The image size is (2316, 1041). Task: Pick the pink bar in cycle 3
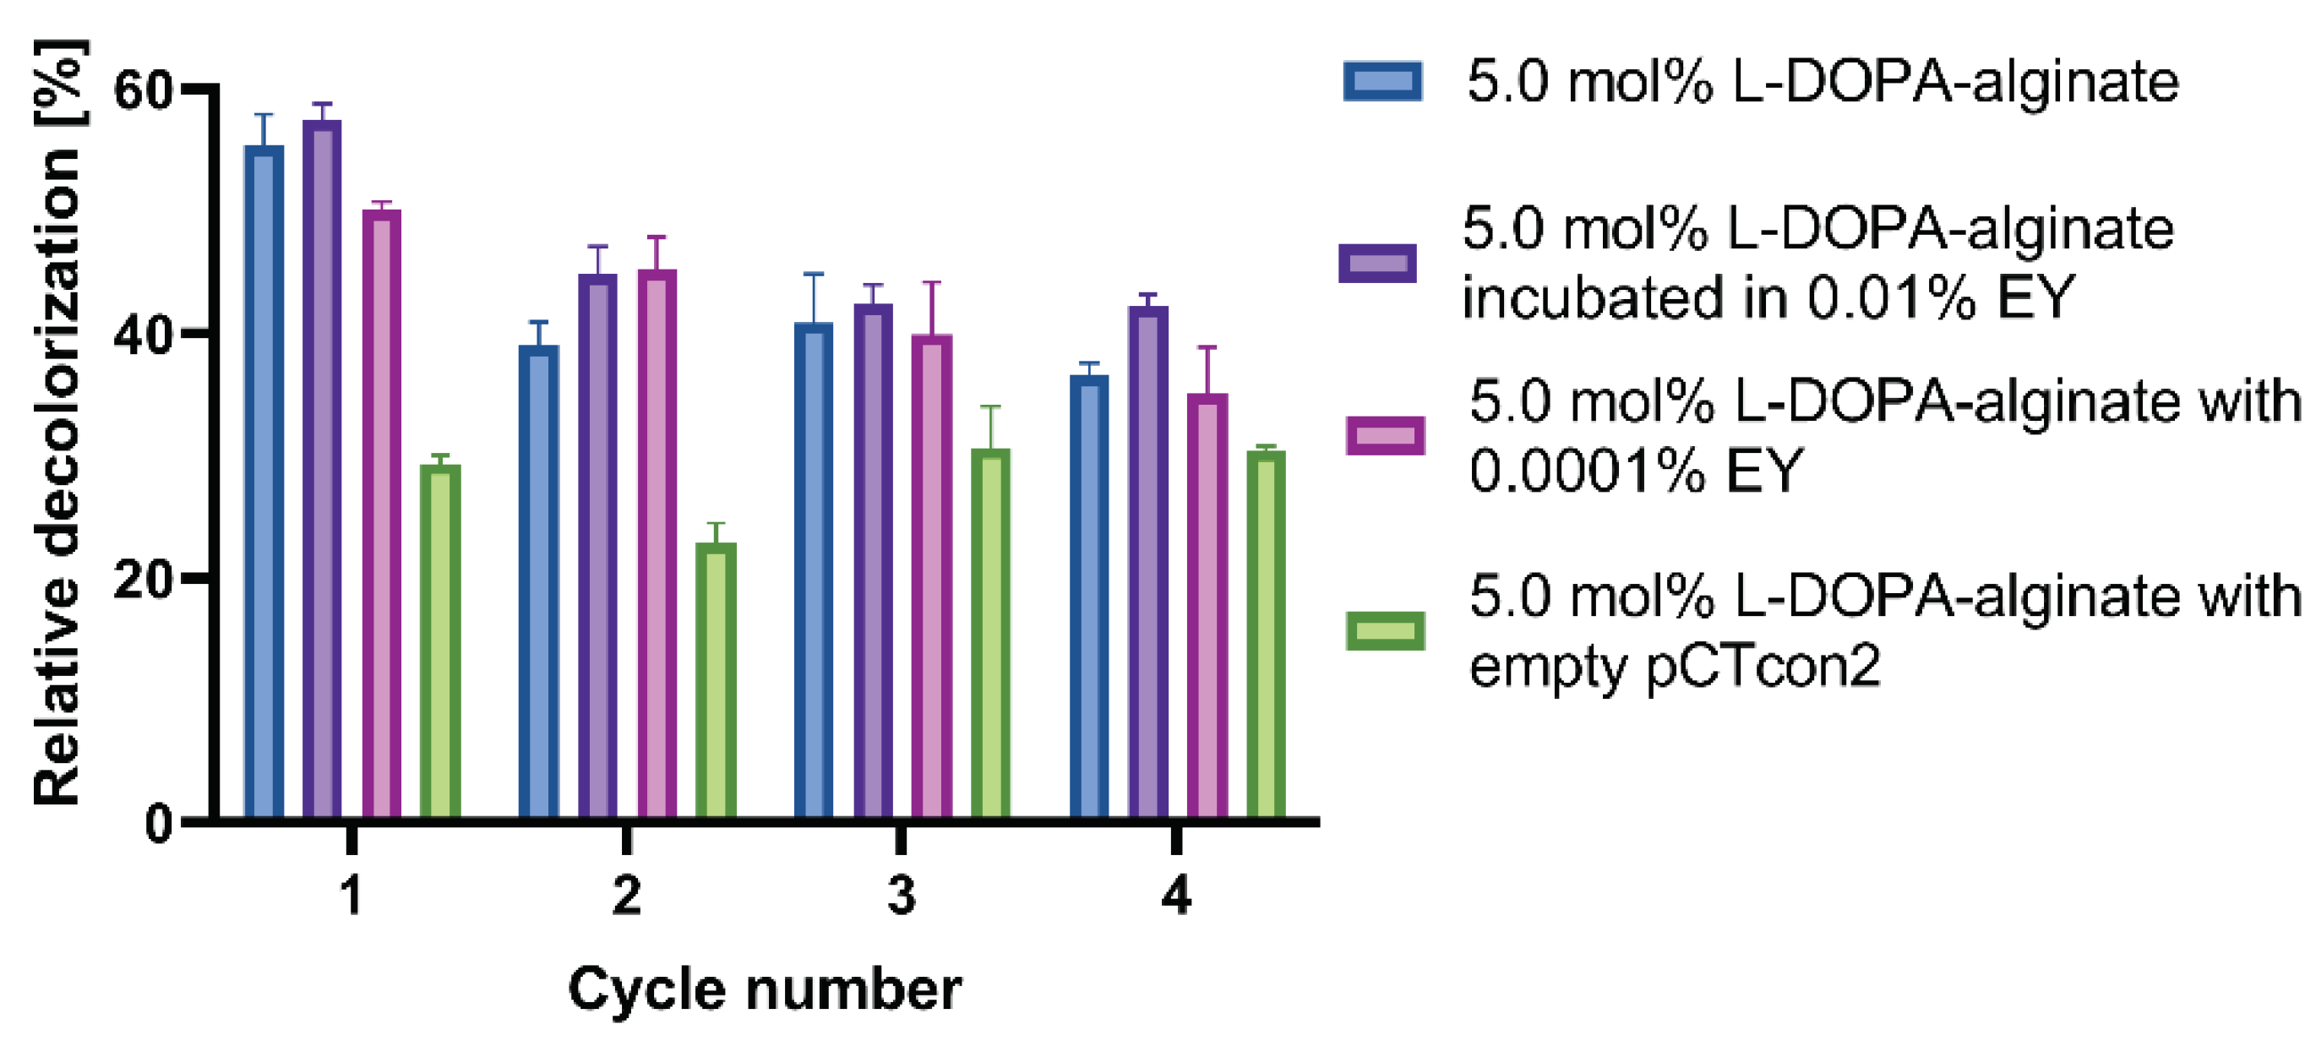pos(931,575)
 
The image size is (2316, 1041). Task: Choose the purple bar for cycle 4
pos(1148,562)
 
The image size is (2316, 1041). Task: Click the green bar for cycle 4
pos(1266,634)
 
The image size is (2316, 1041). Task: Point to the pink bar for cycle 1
pos(381,512)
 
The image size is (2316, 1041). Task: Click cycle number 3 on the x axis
pos(901,896)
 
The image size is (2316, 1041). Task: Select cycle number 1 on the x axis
pos(351,896)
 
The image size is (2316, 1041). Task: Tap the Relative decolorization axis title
pos(57,422)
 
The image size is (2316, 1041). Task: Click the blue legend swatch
pos(1383,81)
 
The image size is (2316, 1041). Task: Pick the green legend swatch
pos(1385,631)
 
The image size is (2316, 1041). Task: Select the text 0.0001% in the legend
pos(1587,470)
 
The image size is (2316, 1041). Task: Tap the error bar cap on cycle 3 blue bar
pos(813,274)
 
